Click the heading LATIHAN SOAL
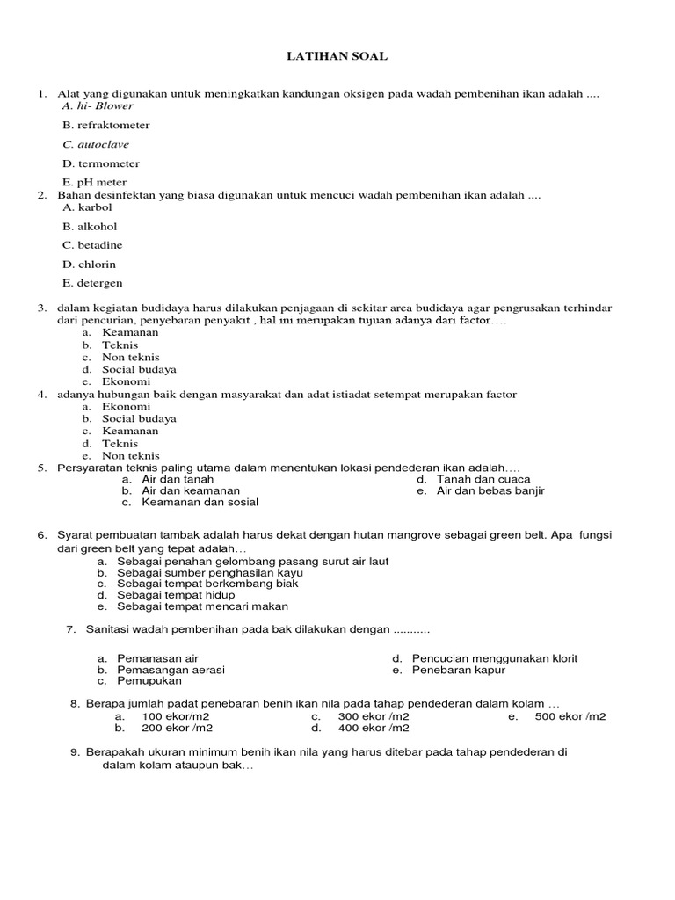[337, 56]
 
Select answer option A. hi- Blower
[98, 106]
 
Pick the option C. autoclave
[96, 145]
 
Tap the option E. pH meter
[94, 184]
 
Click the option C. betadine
[92, 245]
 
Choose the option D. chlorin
[89, 265]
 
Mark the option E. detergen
[92, 284]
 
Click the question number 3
[41, 308]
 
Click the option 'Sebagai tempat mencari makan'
[202, 606]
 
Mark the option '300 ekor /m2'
[374, 717]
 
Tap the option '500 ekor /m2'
[570, 717]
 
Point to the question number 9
[75, 752]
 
